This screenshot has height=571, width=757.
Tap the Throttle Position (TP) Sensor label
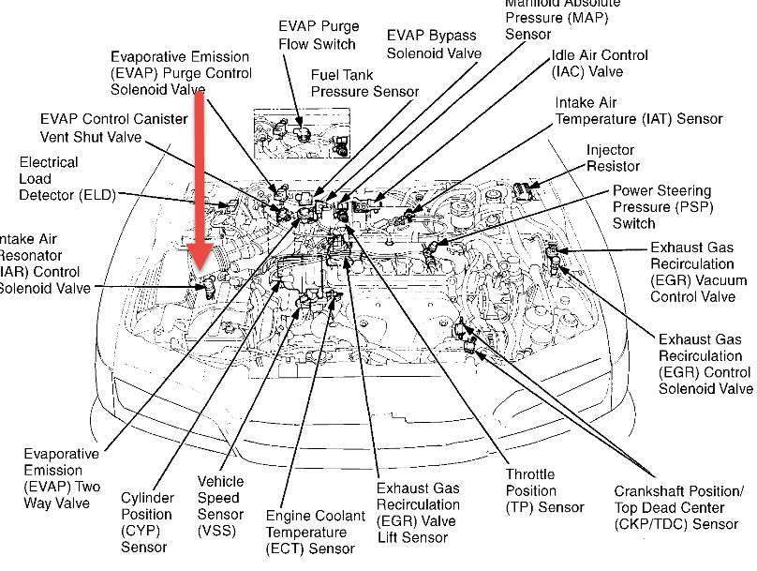click(544, 490)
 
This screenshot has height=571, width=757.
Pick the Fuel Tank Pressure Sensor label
click(364, 83)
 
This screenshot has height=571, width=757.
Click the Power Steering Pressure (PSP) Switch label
click(661, 206)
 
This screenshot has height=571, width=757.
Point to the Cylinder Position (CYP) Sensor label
click(147, 521)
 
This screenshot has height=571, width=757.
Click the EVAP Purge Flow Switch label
click(319, 36)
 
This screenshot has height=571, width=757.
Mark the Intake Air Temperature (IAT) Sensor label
click(639, 111)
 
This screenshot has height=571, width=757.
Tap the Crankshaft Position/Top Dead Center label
click(679, 506)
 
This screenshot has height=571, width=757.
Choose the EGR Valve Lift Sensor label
click(418, 514)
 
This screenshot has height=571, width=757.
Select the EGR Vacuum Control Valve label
click(698, 272)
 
